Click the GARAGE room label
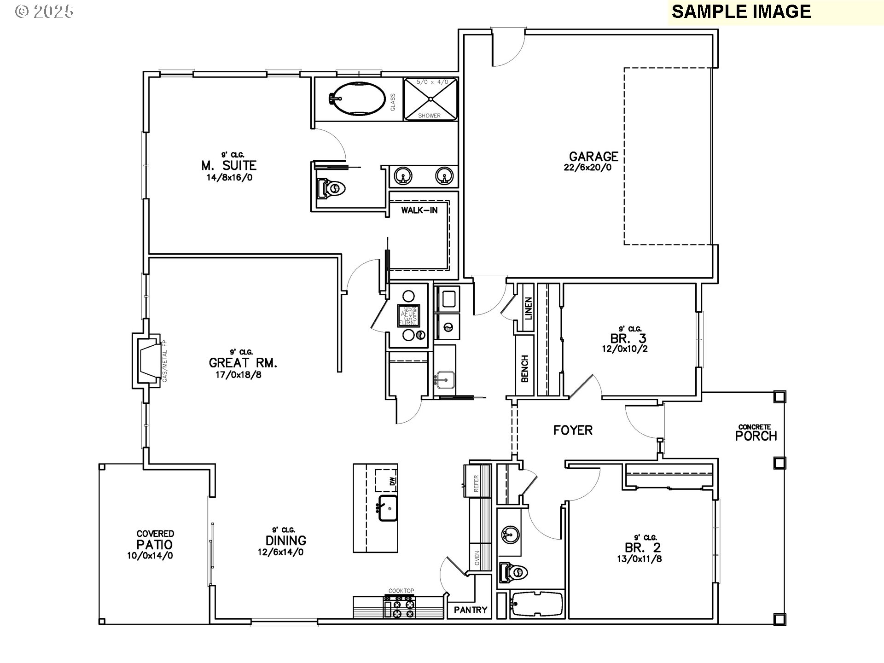pos(593,157)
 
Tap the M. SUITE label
pos(229,165)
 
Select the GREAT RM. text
pos(243,363)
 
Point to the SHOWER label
pos(429,116)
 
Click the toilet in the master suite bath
pos(330,188)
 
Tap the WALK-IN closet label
pos(419,210)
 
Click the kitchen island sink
pos(388,508)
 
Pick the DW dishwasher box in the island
pos(386,481)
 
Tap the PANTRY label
pos(470,610)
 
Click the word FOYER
pos(573,430)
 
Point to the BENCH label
pos(524,369)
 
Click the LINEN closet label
pos(528,308)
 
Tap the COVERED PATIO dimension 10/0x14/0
pos(150,556)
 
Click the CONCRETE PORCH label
pos(756,435)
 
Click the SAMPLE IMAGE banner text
pos(741,12)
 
